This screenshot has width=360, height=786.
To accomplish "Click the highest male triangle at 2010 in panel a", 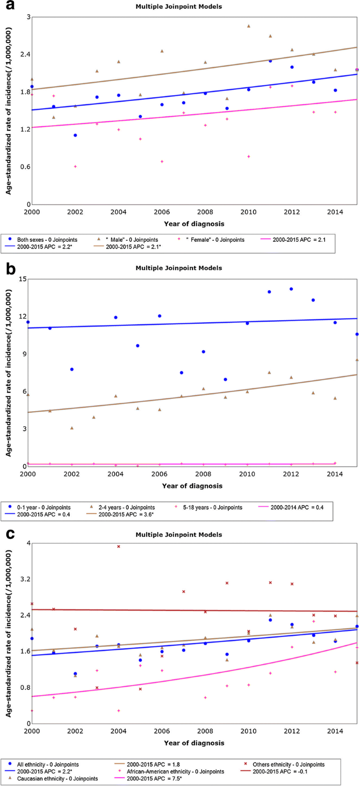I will coord(249,26).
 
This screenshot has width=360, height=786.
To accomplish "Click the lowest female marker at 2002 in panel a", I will coord(75,166).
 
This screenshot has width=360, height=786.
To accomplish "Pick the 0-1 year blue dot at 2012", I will coord(291,289).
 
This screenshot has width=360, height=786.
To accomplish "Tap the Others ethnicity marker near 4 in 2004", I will coord(119,546).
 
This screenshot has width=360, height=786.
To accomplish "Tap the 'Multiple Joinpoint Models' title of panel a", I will coord(189,7).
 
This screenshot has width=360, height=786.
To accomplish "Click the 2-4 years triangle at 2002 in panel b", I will coord(71,428).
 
